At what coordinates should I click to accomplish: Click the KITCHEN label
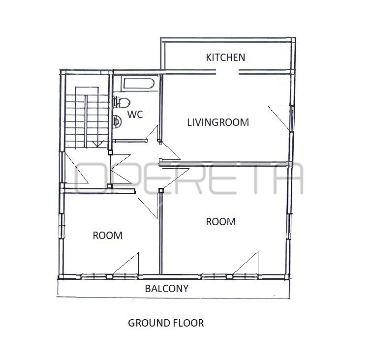[225, 58]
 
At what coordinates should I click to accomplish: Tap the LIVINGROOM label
[218, 122]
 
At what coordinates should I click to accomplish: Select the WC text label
[135, 115]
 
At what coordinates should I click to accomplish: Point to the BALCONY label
[166, 289]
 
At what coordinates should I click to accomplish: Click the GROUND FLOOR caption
[166, 323]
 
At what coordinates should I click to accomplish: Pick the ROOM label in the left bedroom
[108, 236]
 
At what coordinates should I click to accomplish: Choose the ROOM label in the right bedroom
[221, 222]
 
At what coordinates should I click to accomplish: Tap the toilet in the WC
[122, 102]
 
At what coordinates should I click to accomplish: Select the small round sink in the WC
[117, 122]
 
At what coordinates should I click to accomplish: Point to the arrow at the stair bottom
[98, 144]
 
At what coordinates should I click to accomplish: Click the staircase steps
[87, 118]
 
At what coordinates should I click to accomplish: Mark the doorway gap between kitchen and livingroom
[227, 72]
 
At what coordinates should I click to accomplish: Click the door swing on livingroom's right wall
[280, 118]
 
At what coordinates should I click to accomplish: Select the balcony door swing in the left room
[126, 264]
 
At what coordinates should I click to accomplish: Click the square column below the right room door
[161, 190]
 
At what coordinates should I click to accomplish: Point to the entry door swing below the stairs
[77, 168]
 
